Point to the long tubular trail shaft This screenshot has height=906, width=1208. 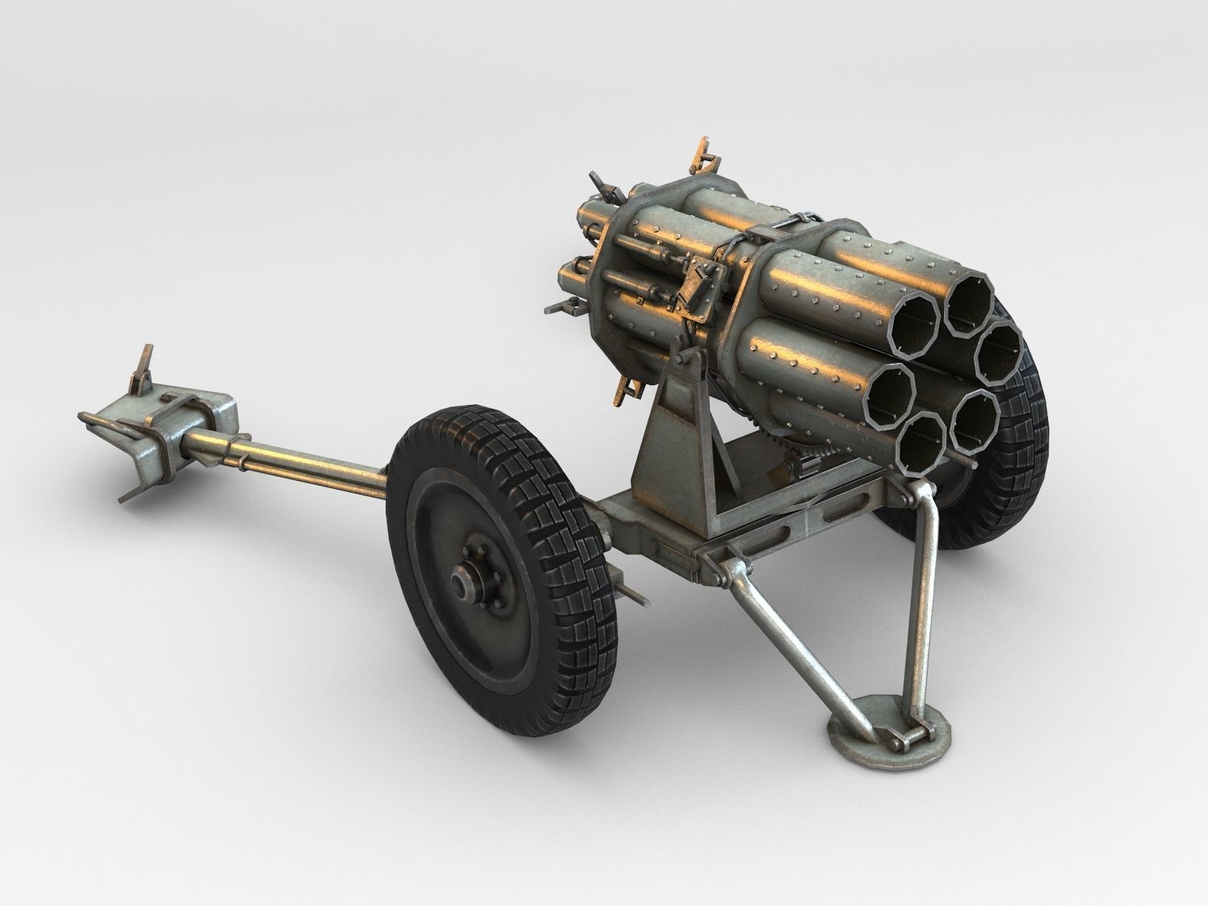pos(306,461)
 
